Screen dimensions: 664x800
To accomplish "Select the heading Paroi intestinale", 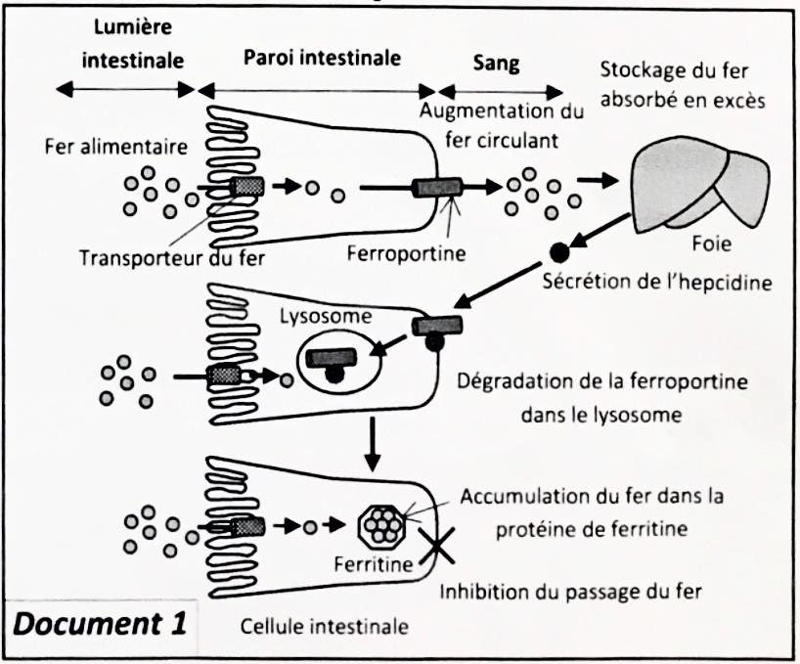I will (x=322, y=58).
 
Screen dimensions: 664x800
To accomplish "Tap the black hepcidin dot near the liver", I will (x=557, y=252).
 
